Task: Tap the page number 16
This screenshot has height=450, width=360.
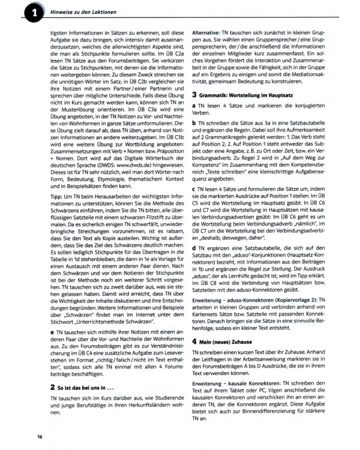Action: (x=39, y=436)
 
